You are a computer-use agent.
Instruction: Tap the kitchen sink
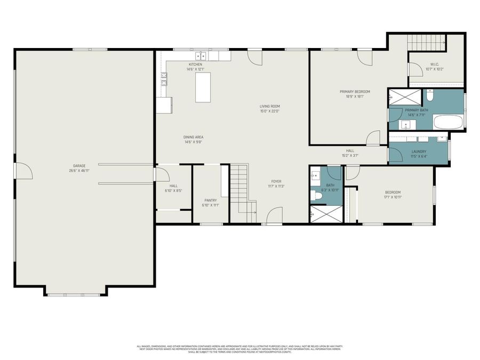[x=201, y=55]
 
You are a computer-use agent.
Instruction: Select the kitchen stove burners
[x=164, y=79]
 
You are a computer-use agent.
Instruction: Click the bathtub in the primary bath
[x=449, y=122]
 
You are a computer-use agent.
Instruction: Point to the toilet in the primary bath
[x=430, y=97]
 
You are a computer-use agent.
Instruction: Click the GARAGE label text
[x=79, y=165]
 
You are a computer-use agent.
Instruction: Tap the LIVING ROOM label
[x=270, y=106]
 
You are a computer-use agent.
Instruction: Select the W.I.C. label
[x=435, y=65]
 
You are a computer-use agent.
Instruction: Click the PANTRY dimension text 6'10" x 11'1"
[x=211, y=205]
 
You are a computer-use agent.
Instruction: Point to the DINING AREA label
[x=194, y=137]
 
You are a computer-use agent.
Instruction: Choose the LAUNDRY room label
[x=419, y=151]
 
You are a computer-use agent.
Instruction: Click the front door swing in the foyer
[x=274, y=215]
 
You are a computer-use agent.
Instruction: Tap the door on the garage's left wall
[x=23, y=171]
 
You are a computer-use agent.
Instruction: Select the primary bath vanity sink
[x=406, y=124]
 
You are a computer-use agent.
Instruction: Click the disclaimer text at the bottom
[x=239, y=349]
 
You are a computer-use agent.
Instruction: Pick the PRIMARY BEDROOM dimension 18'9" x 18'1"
[x=355, y=97]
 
